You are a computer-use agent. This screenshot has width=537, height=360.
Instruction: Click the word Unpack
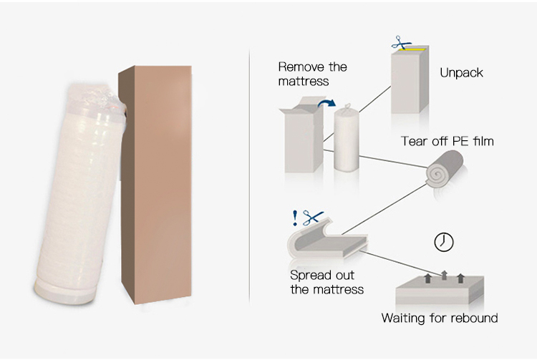pos(461,73)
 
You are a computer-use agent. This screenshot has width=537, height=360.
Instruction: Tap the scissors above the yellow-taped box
pos(401,43)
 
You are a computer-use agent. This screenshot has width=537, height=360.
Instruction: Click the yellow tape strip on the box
pos(412,50)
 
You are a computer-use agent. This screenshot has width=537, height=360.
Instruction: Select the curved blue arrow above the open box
pos(326,102)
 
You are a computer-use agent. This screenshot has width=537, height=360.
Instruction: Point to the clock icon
pos(443,243)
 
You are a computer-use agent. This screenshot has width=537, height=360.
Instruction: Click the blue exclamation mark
pos(295,218)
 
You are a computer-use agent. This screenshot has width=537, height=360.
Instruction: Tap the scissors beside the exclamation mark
pos(313,218)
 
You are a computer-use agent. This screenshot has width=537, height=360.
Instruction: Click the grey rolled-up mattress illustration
pos(445,170)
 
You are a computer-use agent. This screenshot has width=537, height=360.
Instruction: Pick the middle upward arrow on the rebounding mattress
pos(444,275)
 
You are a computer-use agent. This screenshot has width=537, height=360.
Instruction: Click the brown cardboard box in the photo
pos(155,184)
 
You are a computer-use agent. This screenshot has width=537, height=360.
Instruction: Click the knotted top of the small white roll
pos(347,107)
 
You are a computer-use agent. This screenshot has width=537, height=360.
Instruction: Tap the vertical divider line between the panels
pos(249,176)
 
